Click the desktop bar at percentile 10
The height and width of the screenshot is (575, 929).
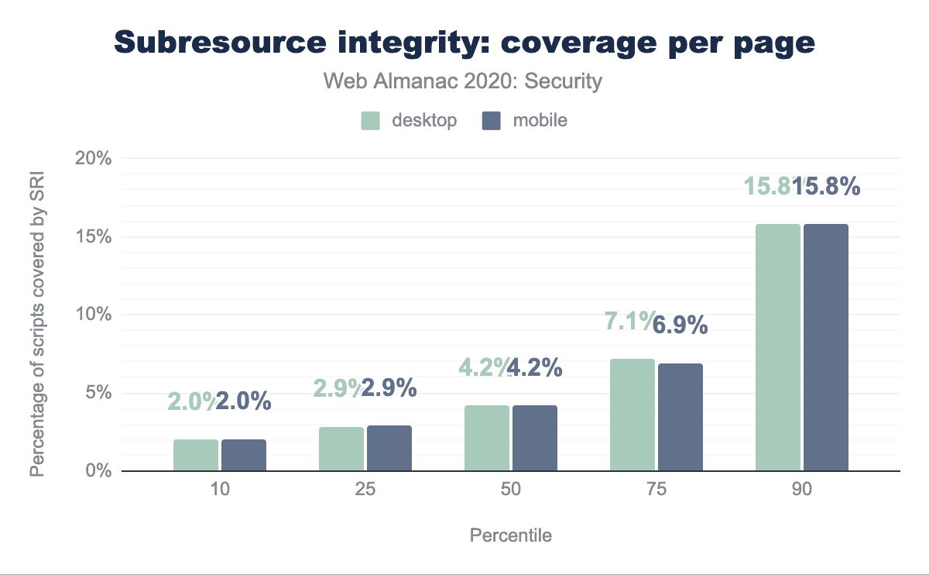coord(196,455)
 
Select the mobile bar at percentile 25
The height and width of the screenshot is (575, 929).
coord(389,448)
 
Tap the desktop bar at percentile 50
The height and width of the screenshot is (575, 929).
coord(487,438)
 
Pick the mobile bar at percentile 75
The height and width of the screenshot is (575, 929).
coord(680,417)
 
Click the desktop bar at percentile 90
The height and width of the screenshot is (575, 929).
coord(778,347)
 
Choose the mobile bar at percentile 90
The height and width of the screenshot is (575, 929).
coord(826,347)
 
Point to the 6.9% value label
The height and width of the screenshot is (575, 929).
coord(680,325)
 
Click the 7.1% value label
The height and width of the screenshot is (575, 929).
coord(629,319)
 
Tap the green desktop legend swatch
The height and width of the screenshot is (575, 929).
coord(371,120)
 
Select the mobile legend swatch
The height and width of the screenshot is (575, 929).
coord(492,120)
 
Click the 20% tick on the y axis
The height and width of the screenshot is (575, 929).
coord(94,159)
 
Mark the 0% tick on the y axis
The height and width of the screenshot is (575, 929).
coord(99,471)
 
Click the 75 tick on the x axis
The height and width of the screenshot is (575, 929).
coord(656,491)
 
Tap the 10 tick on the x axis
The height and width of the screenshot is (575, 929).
coord(220,491)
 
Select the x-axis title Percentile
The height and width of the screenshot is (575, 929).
coord(511,535)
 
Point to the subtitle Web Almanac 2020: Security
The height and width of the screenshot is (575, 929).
coord(463,81)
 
